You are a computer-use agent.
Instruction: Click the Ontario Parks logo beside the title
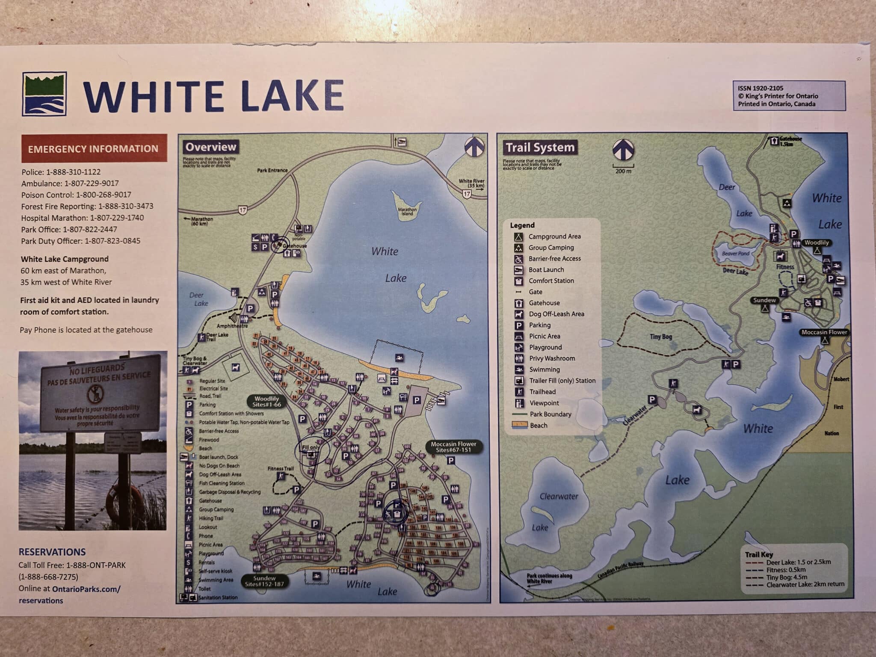coord(44,94)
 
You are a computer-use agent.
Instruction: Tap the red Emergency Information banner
coord(94,149)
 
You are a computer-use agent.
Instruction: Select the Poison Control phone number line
coord(76,195)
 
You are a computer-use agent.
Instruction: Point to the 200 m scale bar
coord(623,168)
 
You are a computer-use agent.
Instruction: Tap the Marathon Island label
coord(407,211)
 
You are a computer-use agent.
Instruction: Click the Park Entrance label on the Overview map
coord(272,170)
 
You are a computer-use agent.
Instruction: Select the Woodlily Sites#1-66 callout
coord(266,401)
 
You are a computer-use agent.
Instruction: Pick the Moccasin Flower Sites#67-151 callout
coord(453,447)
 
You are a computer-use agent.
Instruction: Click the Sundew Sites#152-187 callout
coord(264,581)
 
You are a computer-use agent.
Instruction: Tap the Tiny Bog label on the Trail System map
coord(661,337)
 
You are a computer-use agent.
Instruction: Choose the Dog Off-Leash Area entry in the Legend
coord(556,314)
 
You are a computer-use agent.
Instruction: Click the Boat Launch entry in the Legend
coord(546,270)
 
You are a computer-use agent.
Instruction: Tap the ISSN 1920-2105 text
coord(761,88)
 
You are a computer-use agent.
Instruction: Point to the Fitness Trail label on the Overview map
coord(281,468)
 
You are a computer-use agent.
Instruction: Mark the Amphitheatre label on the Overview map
coord(232,326)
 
